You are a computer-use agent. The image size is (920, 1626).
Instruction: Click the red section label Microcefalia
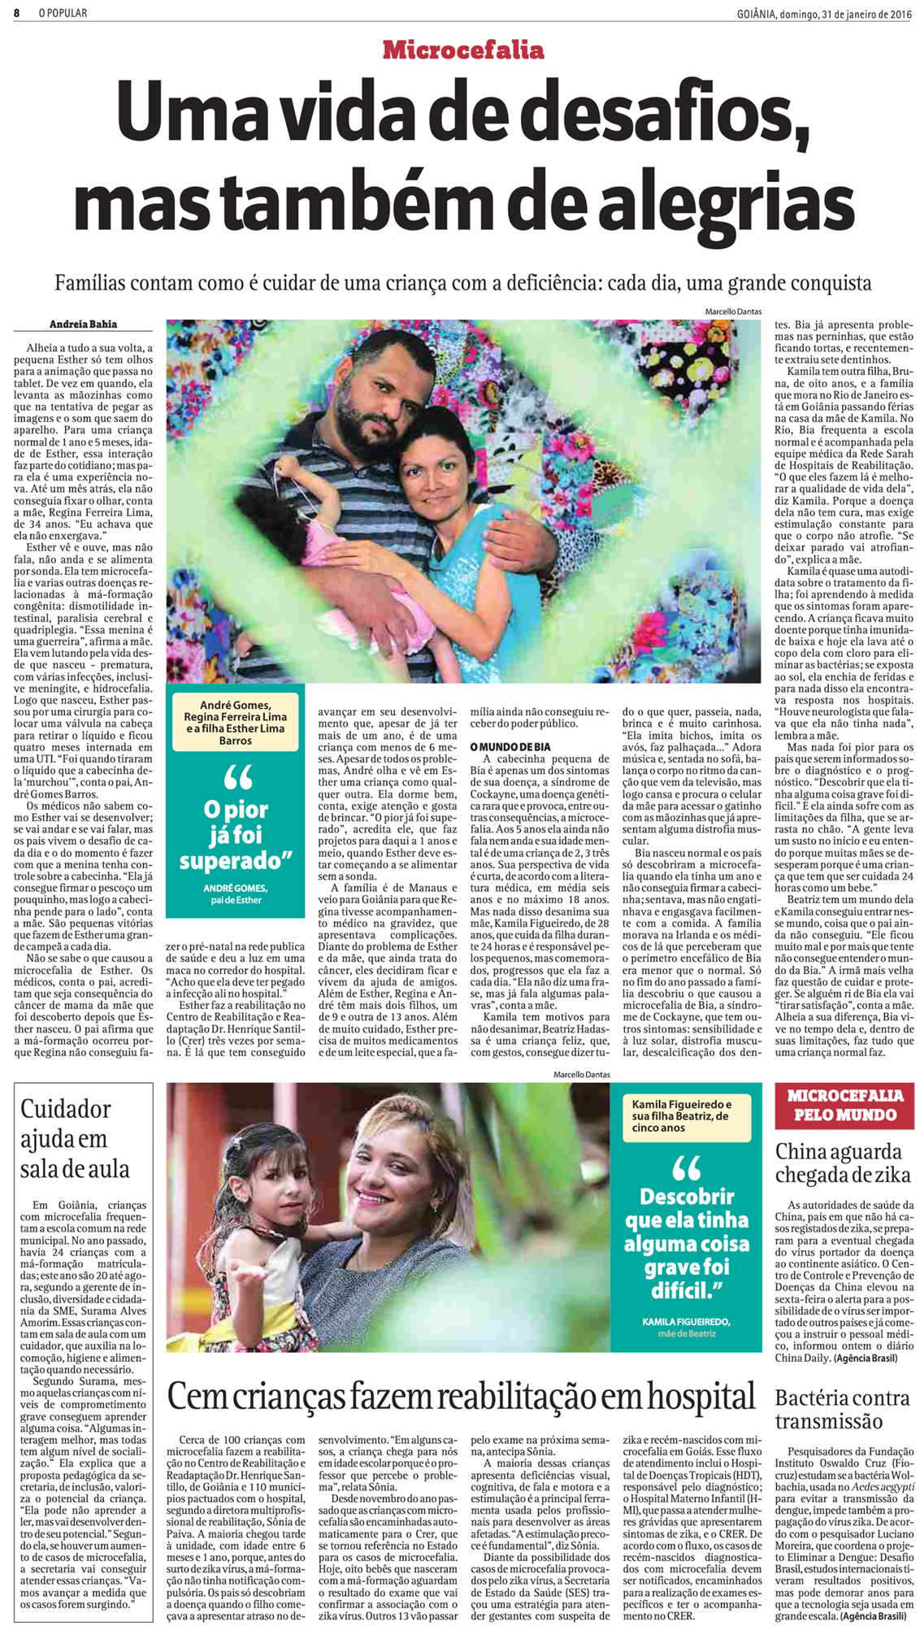point(462,50)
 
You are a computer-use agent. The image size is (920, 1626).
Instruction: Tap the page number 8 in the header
point(16,13)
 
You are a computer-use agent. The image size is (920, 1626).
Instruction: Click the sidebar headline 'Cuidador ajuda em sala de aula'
point(75,1138)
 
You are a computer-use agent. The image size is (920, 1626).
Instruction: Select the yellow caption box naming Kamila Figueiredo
point(683,1115)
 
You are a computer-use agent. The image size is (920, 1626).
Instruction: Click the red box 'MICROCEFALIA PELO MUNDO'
point(844,1105)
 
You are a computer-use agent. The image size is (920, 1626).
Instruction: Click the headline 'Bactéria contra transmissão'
point(842,1410)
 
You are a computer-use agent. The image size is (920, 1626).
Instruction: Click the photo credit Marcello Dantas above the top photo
point(733,311)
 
